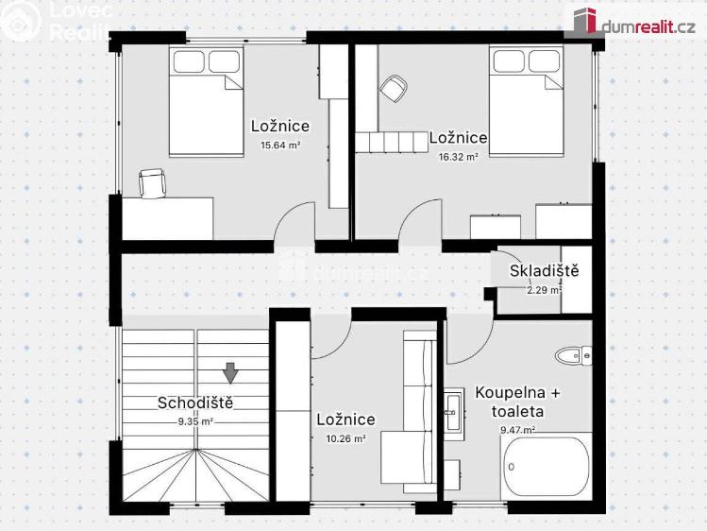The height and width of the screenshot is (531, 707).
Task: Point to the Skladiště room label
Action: coord(544,272)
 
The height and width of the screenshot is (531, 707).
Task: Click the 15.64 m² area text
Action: coord(280,146)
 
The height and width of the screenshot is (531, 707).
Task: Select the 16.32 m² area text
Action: coord(459,157)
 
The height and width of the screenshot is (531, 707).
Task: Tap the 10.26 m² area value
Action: coord(345,438)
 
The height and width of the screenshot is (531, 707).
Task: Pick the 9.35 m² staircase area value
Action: coord(195,421)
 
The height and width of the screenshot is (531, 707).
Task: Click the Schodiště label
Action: coord(195,403)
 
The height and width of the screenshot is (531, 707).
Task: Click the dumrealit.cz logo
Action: coord(631,21)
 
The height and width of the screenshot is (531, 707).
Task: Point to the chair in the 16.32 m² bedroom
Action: coord(394,89)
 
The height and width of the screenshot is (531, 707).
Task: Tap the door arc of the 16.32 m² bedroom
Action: coord(420,223)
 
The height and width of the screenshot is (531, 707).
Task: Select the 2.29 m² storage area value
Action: coord(544,290)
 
